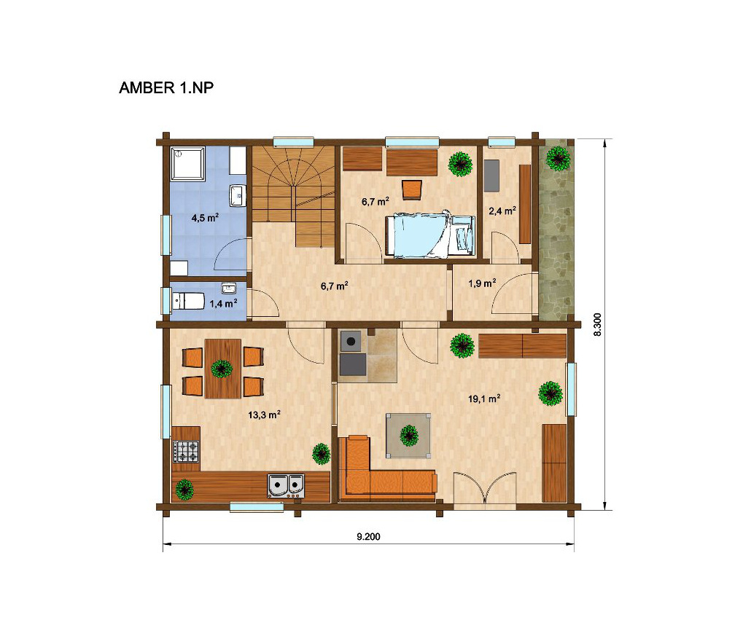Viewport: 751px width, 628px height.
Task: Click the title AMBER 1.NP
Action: tap(166, 87)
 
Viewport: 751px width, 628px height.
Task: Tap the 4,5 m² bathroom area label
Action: tap(206, 218)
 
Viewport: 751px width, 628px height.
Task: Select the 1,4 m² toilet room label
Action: tap(224, 303)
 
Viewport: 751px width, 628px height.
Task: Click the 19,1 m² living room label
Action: tap(484, 399)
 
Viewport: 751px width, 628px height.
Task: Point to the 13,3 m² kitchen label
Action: tap(264, 415)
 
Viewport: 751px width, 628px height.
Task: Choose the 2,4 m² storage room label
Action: tap(502, 210)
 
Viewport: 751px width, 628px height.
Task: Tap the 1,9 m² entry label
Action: tap(482, 283)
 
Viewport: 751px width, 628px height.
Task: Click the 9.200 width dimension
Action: tap(368, 537)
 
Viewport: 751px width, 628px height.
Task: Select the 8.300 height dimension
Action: tap(597, 324)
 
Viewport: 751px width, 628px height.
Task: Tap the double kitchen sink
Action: tap(286, 487)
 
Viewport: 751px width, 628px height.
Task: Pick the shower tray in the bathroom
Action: tap(188, 163)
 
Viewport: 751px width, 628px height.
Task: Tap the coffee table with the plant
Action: tap(408, 436)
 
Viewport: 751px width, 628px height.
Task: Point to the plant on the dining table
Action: tap(221, 369)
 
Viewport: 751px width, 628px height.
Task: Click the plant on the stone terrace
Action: tap(558, 157)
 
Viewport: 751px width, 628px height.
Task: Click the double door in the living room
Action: tap(485, 488)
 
